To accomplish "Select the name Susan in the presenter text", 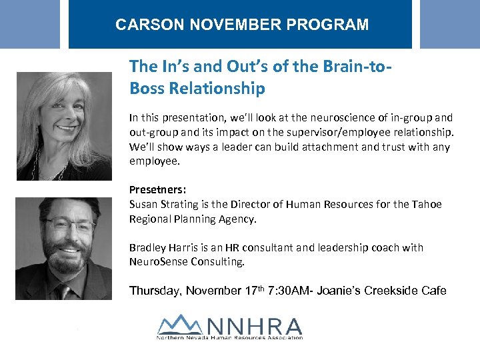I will point(144,204).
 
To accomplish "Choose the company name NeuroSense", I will point(161,262).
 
